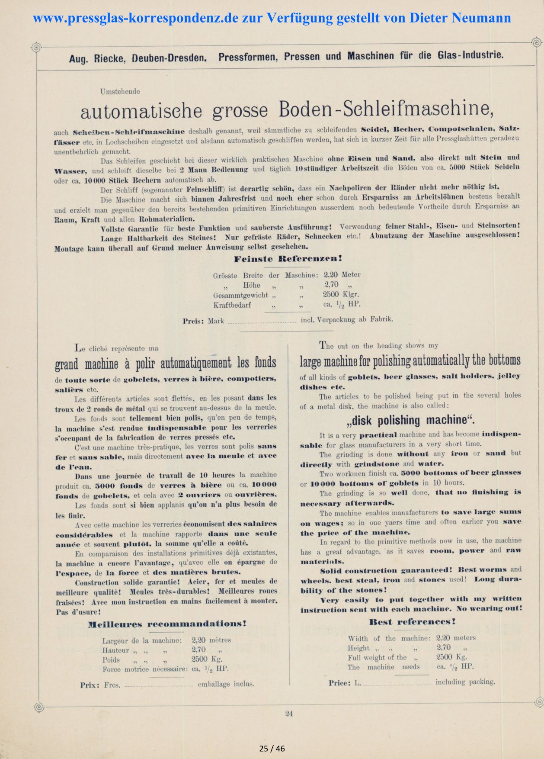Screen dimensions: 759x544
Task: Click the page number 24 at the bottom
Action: (x=289, y=714)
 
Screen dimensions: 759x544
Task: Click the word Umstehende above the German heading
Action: (x=120, y=91)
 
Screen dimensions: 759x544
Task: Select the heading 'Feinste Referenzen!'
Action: (x=288, y=259)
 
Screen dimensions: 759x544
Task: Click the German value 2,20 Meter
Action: (x=342, y=274)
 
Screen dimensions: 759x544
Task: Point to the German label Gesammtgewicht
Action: (x=240, y=295)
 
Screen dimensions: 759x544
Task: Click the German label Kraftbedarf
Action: (x=232, y=305)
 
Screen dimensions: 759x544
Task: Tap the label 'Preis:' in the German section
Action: (x=192, y=321)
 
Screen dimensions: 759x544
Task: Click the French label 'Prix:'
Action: (x=90, y=685)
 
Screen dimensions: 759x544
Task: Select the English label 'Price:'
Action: (x=339, y=683)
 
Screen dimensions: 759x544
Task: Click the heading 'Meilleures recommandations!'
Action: (x=167, y=624)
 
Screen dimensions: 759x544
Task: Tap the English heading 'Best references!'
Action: (x=412, y=622)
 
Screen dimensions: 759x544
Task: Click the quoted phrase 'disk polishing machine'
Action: (x=410, y=420)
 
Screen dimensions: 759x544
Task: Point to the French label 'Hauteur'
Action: (x=115, y=650)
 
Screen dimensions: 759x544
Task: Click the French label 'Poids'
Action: (x=111, y=660)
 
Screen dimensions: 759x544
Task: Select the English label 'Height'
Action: (x=358, y=648)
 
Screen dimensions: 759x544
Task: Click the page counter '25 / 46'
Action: (x=272, y=749)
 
